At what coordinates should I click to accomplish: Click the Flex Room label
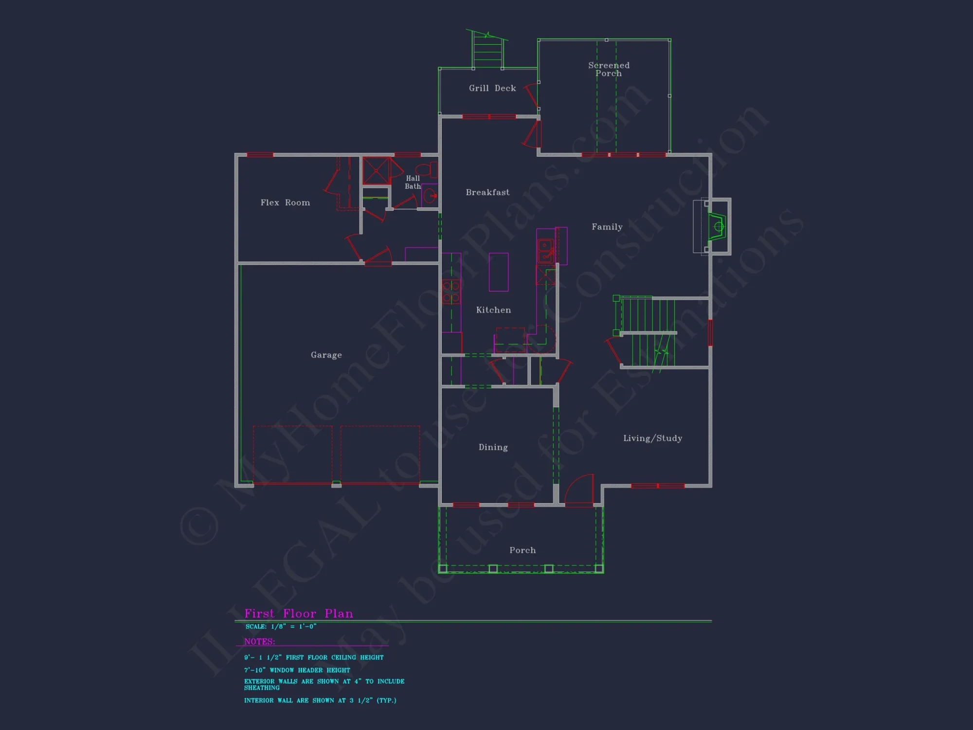click(x=285, y=202)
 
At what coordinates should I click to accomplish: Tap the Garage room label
click(x=326, y=355)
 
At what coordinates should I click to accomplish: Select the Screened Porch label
click(x=609, y=69)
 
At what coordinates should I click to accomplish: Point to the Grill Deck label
click(x=492, y=88)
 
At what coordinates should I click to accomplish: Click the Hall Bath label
click(x=413, y=182)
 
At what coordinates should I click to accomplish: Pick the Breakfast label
click(x=487, y=192)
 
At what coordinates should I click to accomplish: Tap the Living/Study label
click(x=652, y=438)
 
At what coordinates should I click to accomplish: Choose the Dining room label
click(x=493, y=447)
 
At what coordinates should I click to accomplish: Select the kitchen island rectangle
click(x=498, y=272)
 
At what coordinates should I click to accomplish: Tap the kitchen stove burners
click(x=451, y=292)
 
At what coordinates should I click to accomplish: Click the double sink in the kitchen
click(x=545, y=250)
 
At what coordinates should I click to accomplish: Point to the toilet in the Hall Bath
click(x=428, y=170)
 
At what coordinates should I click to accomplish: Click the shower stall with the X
click(x=376, y=170)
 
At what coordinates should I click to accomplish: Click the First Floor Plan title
click(x=299, y=613)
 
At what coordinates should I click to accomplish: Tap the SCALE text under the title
click(x=281, y=626)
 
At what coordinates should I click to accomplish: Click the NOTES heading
click(x=259, y=641)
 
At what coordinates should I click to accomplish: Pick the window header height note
click(x=297, y=670)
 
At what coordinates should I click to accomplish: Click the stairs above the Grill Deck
click(x=487, y=52)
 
